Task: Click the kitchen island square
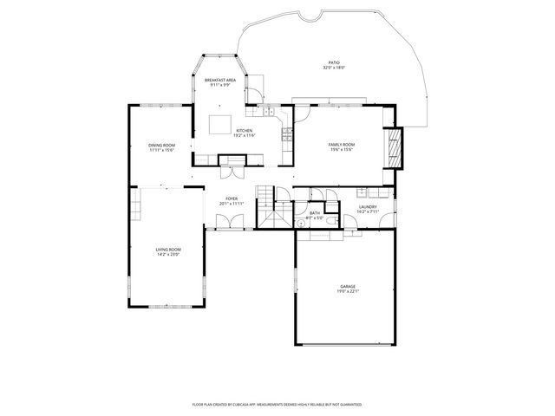[220, 124]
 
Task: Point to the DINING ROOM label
[161, 145]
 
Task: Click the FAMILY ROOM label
[341, 144]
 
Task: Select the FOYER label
[232, 198]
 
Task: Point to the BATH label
[314, 213]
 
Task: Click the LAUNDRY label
[367, 207]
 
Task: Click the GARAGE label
[347, 287]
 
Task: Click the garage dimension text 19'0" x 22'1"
[347, 292]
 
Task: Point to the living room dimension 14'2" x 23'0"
[168, 254]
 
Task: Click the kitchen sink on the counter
[270, 112]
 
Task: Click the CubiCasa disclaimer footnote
[277, 404]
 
